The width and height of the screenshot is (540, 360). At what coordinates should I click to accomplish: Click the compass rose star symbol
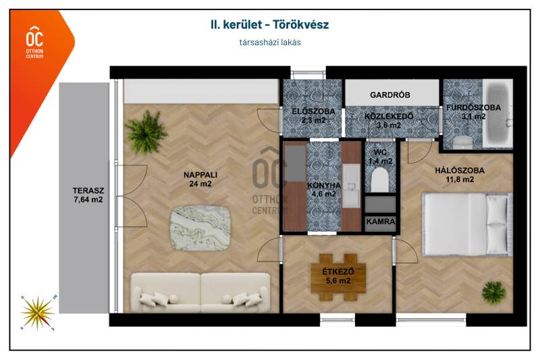(x=38, y=313)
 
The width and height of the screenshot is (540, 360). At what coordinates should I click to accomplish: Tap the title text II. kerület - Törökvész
(x=269, y=24)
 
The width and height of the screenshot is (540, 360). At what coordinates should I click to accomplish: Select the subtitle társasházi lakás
(x=270, y=43)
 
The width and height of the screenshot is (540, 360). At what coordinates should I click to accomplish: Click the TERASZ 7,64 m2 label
(x=88, y=195)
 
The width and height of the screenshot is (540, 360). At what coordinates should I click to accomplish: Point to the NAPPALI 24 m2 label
(x=200, y=179)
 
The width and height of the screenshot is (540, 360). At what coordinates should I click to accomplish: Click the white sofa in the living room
(x=200, y=293)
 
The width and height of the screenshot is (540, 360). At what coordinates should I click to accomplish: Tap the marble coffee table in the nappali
(x=200, y=228)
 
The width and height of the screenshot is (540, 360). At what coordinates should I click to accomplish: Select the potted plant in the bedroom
(x=494, y=293)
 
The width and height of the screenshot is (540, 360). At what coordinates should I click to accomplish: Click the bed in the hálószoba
(x=468, y=224)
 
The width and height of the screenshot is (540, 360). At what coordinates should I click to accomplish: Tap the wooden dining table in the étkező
(x=338, y=278)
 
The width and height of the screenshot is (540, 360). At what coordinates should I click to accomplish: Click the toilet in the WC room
(x=380, y=180)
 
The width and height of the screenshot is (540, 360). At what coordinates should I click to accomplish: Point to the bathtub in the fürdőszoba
(x=497, y=113)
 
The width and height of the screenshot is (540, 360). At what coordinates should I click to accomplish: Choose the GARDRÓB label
(x=390, y=95)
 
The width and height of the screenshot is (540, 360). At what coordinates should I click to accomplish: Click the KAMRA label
(x=381, y=222)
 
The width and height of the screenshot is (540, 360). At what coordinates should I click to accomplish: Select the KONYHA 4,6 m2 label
(x=324, y=190)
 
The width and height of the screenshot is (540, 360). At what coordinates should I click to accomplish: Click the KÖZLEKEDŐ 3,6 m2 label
(x=389, y=121)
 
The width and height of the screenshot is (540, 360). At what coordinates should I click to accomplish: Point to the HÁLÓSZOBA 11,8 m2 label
(x=460, y=175)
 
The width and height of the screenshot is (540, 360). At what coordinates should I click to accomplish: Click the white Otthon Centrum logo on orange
(x=35, y=42)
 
